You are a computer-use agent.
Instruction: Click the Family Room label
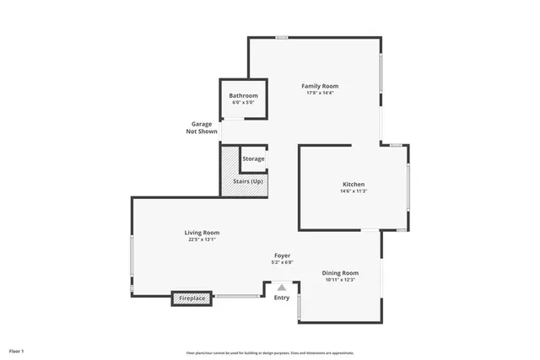coord(320,86)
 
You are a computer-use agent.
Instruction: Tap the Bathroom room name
coord(243,95)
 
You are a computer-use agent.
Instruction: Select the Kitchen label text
coord(353,185)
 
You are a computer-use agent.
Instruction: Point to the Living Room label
coord(202,233)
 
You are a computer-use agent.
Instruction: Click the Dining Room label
coord(340,273)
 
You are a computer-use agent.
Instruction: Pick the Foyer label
coord(283,255)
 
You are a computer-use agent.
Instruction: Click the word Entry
coord(282,297)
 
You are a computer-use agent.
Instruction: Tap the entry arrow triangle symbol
coord(282,287)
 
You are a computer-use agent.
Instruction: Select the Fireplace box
coord(192,298)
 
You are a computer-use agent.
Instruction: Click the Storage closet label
coord(253,159)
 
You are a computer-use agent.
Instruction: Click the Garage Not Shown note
coord(202,128)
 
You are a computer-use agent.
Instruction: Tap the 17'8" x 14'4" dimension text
coord(320,93)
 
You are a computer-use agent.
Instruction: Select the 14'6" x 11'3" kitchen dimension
coord(353,191)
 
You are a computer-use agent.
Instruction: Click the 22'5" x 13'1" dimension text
coord(202,239)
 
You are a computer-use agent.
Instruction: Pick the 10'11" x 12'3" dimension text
coord(340,280)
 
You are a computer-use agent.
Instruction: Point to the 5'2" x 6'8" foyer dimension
coord(283,262)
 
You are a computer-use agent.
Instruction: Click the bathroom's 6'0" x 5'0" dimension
coord(243,102)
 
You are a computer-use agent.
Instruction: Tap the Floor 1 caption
coord(17,350)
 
